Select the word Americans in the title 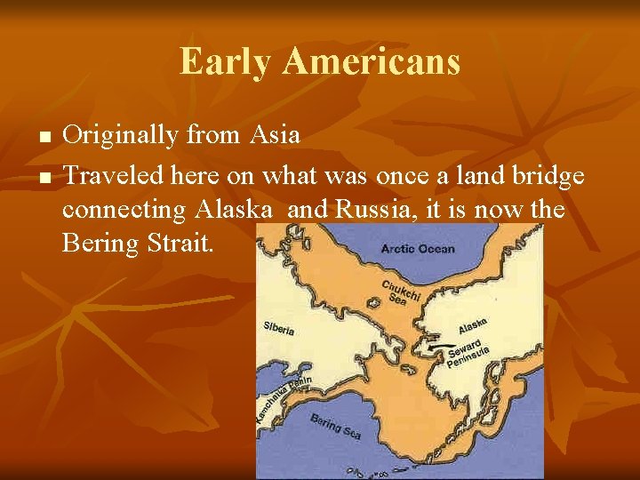(x=371, y=62)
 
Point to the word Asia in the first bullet (x=275, y=135)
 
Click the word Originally (x=121, y=136)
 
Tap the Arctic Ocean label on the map (x=417, y=248)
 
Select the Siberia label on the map (x=279, y=328)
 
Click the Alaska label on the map (x=472, y=325)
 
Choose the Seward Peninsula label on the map (x=468, y=352)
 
